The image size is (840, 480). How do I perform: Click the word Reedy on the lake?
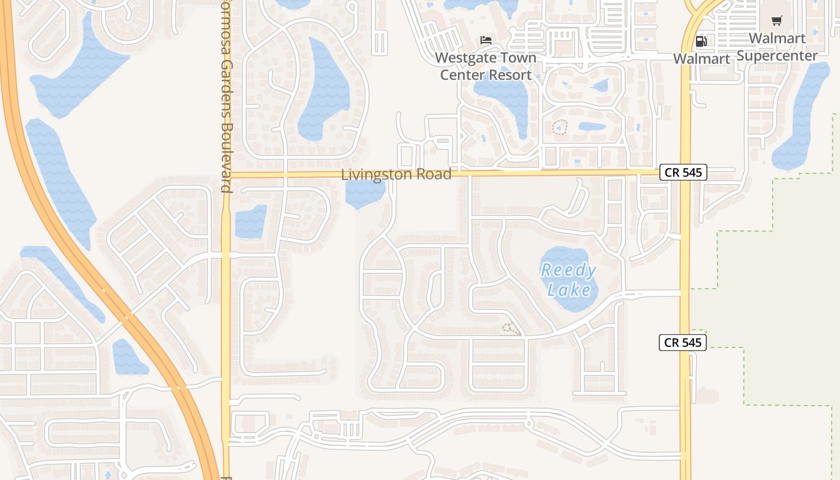click(x=569, y=271)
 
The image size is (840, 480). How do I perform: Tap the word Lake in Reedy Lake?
click(x=569, y=290)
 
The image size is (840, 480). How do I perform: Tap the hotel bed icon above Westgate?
click(x=486, y=40)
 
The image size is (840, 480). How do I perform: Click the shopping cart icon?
click(x=776, y=21)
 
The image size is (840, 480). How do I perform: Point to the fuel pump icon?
click(x=700, y=41)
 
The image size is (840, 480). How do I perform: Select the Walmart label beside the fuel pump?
click(x=701, y=59)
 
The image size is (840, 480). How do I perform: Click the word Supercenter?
click(x=777, y=56)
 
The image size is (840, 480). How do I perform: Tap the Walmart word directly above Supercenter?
click(x=777, y=38)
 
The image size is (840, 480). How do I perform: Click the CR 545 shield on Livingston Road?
click(x=683, y=172)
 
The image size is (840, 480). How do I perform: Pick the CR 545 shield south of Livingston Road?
click(x=683, y=343)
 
